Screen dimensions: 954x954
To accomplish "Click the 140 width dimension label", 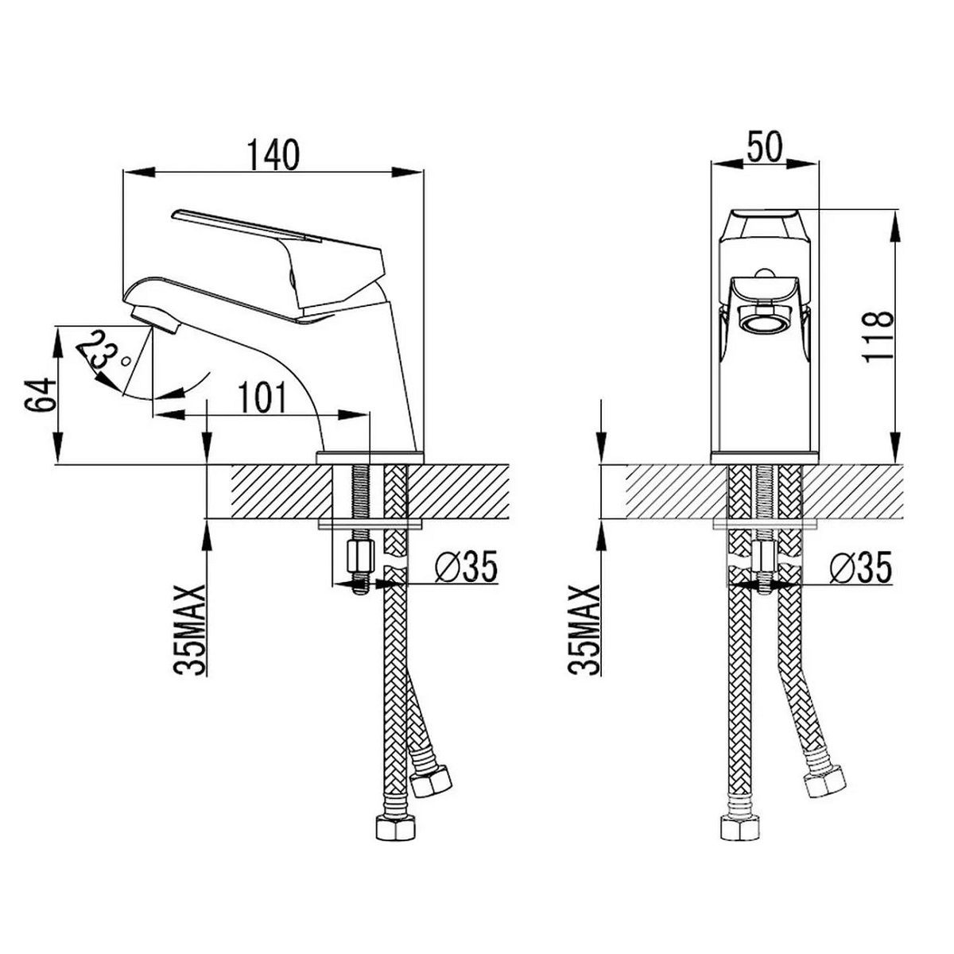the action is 273,154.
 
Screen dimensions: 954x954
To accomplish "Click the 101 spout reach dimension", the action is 262,397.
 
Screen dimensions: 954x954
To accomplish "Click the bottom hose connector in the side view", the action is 394,826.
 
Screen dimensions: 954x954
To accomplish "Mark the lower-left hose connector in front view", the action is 739,826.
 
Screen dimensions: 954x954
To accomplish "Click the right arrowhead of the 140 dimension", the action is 408,172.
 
